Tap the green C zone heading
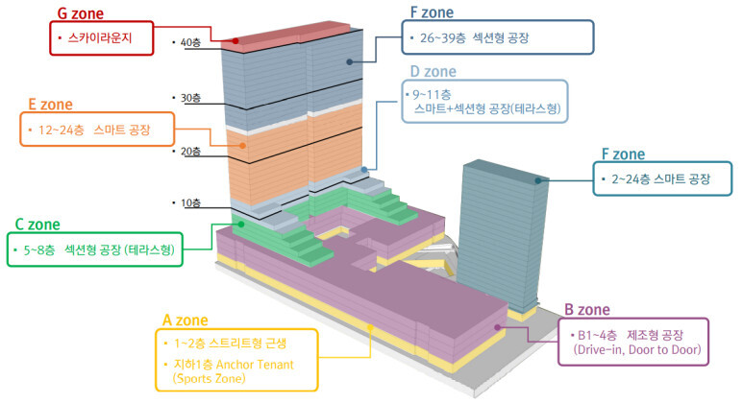point(38,225)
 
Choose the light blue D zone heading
point(433,72)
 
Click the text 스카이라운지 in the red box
point(98,40)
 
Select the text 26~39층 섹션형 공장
point(475,38)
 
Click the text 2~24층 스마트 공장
point(661,178)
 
